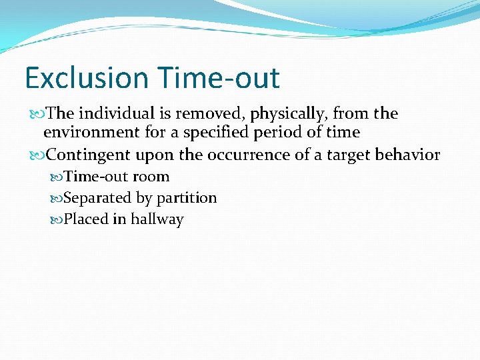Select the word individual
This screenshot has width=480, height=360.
click(x=113, y=113)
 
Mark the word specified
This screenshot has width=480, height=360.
click(x=217, y=132)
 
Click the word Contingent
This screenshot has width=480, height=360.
click(x=89, y=155)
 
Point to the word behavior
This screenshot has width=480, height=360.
click(x=409, y=155)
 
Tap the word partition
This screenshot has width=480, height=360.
click(x=187, y=198)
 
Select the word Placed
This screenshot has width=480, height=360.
click(x=83, y=219)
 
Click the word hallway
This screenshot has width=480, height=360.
click(x=157, y=219)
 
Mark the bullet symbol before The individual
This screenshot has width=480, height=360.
click(x=37, y=114)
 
